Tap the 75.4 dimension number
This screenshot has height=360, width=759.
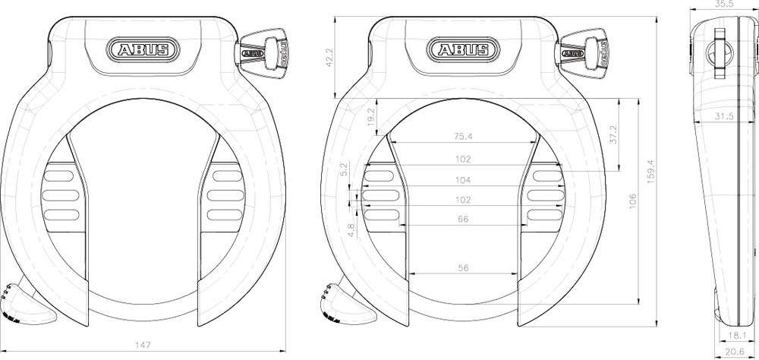click(463, 137)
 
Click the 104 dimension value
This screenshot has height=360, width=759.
click(464, 180)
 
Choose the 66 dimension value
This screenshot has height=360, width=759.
click(464, 219)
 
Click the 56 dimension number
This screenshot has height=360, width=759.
click(464, 268)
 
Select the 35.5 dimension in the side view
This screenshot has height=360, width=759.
click(726, 5)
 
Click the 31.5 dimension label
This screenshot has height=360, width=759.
click(726, 116)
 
